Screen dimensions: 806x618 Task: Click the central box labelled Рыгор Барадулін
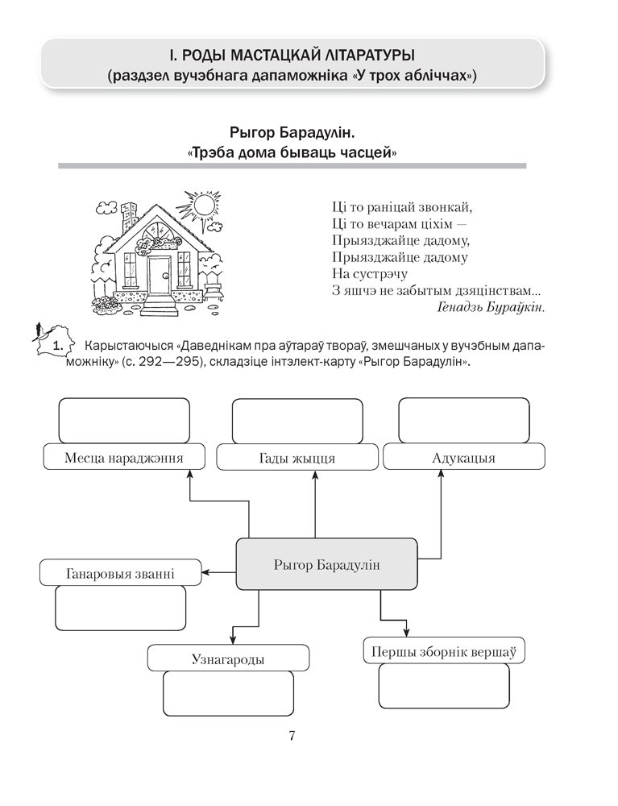point(326,564)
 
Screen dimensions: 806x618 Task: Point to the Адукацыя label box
point(463,458)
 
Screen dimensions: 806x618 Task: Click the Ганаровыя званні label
point(119,574)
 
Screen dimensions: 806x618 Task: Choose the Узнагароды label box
point(228,659)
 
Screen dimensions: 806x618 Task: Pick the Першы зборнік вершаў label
point(443,650)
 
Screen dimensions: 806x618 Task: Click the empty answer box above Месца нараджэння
point(124,420)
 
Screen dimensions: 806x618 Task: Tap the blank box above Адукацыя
point(464,420)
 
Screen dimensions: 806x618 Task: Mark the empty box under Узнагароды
point(228,694)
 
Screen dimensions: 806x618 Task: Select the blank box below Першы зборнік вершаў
point(444,686)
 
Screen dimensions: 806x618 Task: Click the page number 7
point(292,735)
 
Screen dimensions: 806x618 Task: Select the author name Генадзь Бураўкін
point(491,307)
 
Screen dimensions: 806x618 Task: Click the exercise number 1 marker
point(56,346)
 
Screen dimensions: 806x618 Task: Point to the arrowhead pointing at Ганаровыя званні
point(205,572)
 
